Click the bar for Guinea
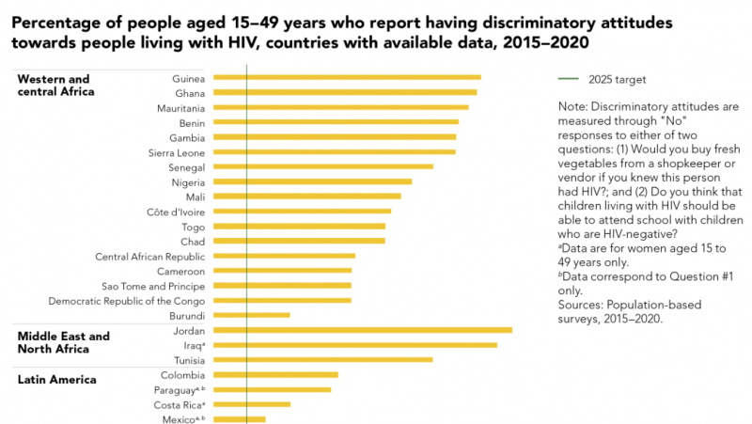[347, 77]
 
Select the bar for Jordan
[363, 330]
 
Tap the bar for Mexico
[240, 419]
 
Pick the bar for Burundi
[252, 315]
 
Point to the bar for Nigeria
[313, 181]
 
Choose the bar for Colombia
[276, 374]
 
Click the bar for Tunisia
[323, 359]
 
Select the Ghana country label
[190, 92]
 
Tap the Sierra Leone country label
[177, 151]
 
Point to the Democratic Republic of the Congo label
[127, 300]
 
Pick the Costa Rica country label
[179, 404]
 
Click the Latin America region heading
[57, 380]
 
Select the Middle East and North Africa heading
[63, 342]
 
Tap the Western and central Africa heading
[56, 85]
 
